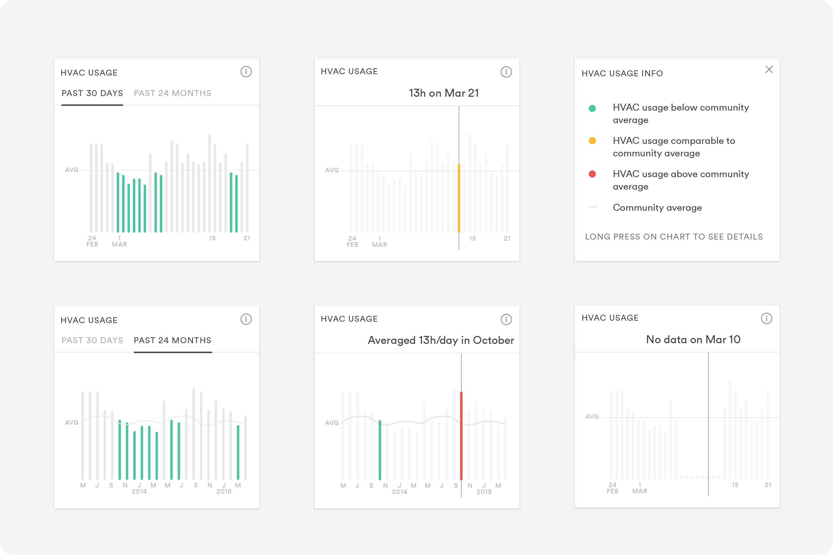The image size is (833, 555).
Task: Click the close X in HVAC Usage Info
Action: point(769,69)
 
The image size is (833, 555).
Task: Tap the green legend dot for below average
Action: point(592,108)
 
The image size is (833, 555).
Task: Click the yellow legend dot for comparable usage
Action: point(592,141)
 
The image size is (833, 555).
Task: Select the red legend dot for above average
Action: point(592,174)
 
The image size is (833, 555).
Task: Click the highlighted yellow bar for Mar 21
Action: point(459,198)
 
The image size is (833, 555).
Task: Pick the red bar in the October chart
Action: point(461,435)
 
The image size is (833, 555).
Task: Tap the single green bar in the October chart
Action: point(380,450)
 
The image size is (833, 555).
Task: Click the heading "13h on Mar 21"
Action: point(444,93)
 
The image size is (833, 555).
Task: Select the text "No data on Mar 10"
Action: point(693,339)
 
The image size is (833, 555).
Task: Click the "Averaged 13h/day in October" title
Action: point(441,340)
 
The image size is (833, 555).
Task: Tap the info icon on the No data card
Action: point(766,318)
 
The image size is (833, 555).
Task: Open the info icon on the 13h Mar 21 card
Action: point(506,72)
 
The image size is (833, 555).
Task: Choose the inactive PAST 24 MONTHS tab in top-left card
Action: point(172,93)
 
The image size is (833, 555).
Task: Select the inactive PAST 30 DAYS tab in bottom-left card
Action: point(92,340)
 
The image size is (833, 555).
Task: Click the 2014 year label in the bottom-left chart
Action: point(139,492)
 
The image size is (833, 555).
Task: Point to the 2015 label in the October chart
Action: point(484,492)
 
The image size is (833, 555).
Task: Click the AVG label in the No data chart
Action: point(592,417)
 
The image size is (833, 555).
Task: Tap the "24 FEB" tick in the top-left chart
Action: point(92,241)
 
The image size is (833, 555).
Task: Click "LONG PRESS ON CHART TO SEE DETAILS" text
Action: point(674,237)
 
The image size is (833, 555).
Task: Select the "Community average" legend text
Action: point(657,208)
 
